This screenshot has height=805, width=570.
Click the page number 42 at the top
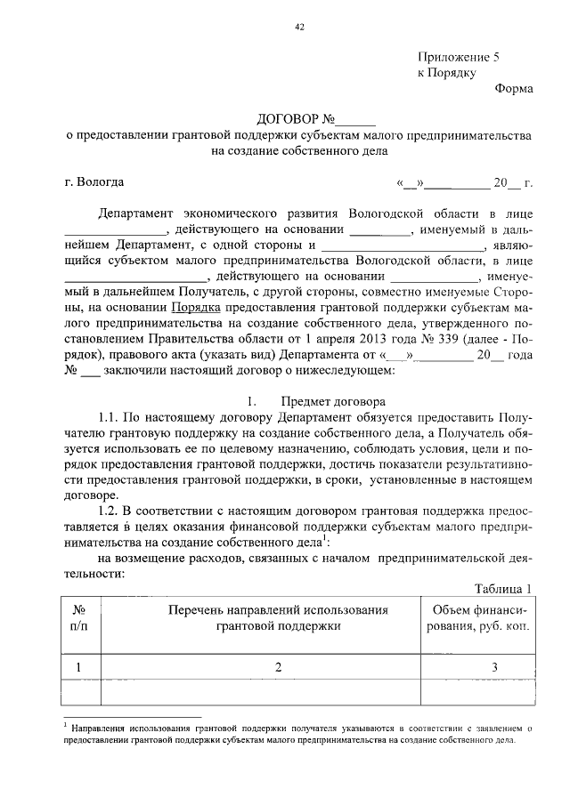pos(299,27)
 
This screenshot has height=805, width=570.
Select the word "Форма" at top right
pos(514,88)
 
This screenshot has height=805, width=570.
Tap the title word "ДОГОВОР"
pos(286,119)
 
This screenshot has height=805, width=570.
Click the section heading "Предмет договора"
pos(333,401)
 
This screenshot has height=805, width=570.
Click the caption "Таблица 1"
pos(502,588)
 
